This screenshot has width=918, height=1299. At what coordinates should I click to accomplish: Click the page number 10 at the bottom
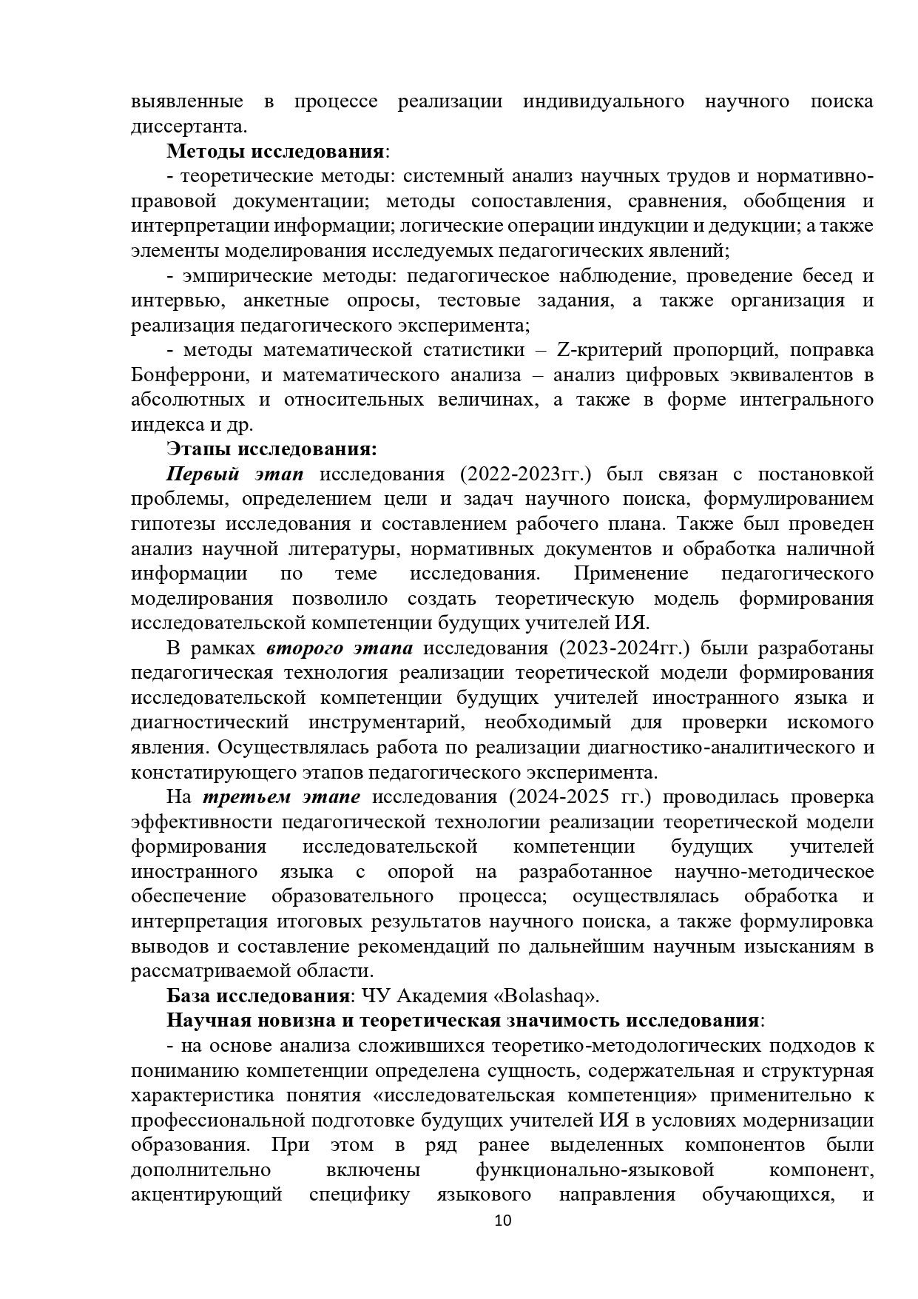click(x=503, y=1241)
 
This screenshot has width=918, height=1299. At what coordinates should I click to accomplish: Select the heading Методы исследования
click(x=275, y=151)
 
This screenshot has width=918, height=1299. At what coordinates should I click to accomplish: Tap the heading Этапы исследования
click(x=271, y=449)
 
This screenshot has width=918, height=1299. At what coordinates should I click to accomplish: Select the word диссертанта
click(x=188, y=126)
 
